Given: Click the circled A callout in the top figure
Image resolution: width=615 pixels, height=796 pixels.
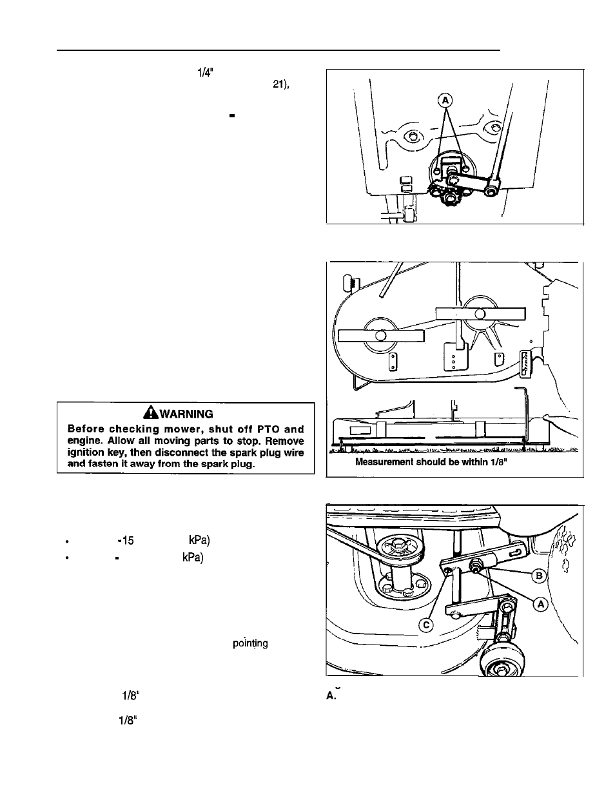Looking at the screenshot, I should tap(445, 100).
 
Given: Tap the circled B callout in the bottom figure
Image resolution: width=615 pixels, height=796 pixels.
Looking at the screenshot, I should tap(539, 575).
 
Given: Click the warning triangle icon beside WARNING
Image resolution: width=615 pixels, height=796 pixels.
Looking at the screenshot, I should tap(151, 414).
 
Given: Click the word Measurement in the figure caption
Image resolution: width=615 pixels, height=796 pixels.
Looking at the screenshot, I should tap(387, 462).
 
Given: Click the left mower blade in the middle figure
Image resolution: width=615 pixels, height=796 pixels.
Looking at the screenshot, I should tap(381, 335).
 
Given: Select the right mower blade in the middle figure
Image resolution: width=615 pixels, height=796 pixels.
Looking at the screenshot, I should tap(480, 313).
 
